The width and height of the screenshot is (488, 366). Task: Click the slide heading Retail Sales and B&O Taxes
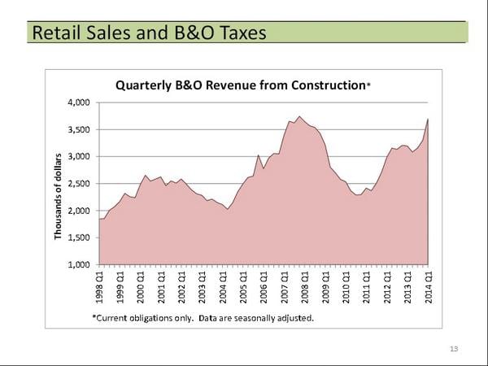147,33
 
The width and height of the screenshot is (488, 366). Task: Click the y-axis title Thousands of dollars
59,196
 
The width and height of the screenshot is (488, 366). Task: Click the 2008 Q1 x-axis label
305,286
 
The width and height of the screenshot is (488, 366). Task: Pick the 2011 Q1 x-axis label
367,286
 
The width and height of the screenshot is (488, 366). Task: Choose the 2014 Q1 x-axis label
429,286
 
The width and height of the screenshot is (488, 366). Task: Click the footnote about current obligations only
203,317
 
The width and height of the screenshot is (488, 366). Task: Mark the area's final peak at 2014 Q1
428,120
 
